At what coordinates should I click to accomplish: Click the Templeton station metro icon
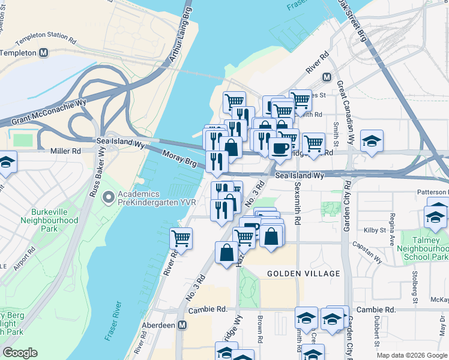(44, 53)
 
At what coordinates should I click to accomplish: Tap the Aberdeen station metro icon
(182, 324)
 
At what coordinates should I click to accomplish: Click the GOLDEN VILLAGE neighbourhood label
(303, 274)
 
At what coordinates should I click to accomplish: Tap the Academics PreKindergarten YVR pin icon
(109, 197)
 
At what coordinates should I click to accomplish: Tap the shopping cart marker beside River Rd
(181, 238)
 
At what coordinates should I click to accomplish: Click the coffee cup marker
(279, 146)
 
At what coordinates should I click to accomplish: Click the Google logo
(20, 353)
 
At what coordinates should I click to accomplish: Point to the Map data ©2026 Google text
(411, 355)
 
